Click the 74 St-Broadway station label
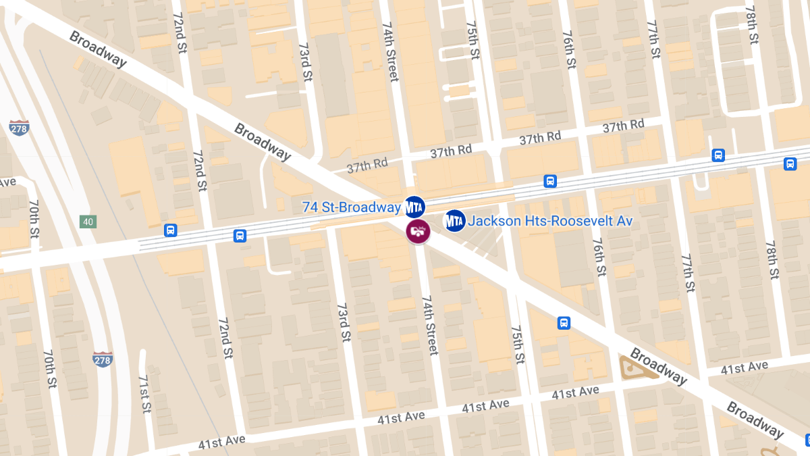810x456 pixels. (x=352, y=207)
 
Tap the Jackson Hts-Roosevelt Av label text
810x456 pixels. (x=550, y=221)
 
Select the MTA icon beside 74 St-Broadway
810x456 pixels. (x=414, y=205)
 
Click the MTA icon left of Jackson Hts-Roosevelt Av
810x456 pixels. (x=454, y=220)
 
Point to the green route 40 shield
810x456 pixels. (x=88, y=222)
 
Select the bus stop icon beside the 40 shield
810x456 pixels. (x=170, y=230)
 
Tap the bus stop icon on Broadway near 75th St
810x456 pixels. (x=564, y=323)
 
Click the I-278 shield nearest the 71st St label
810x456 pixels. (x=103, y=359)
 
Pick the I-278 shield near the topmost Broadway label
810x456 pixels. (x=19, y=128)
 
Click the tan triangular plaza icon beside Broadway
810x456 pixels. (x=635, y=366)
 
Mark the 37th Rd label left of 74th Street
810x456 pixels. (x=367, y=163)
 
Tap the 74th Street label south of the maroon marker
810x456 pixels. (x=429, y=324)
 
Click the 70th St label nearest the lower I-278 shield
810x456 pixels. (x=50, y=368)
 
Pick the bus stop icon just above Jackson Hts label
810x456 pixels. (x=550, y=181)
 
